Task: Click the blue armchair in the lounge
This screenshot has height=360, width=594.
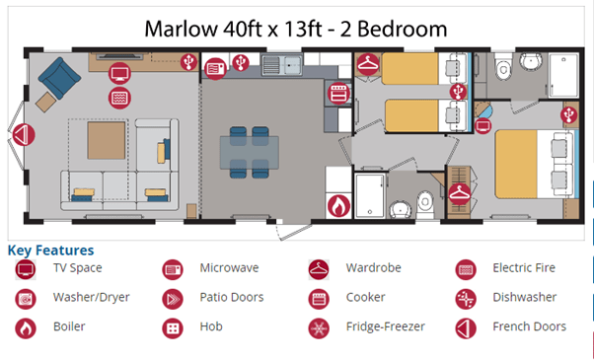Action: tap(59, 78)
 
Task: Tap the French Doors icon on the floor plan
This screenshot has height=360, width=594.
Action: tap(24, 135)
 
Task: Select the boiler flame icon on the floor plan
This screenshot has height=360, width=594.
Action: tap(338, 206)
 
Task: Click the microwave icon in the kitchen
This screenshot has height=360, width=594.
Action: tap(215, 69)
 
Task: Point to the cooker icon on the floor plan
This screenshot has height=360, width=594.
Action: tap(338, 94)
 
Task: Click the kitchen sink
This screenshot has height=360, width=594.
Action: tap(282, 65)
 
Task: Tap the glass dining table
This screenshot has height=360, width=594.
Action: tap(250, 153)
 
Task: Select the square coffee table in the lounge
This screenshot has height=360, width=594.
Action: tap(107, 140)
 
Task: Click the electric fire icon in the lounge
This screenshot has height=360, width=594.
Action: tap(119, 98)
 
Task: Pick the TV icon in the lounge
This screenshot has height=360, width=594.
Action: tap(119, 73)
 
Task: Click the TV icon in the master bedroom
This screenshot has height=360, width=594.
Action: tap(483, 125)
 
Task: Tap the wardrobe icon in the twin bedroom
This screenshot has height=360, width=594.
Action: tap(368, 64)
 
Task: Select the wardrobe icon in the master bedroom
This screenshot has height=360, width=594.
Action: tap(460, 194)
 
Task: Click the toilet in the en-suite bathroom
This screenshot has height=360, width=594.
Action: tap(503, 67)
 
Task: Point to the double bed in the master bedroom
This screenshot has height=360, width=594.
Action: tap(537, 164)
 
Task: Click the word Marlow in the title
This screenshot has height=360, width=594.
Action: tap(182, 30)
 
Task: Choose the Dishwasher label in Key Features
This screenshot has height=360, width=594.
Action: tap(525, 297)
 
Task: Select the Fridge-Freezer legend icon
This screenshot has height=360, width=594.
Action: tap(319, 328)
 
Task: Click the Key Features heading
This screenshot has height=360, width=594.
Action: tap(50, 251)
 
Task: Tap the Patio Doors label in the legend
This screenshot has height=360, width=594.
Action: tap(232, 297)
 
